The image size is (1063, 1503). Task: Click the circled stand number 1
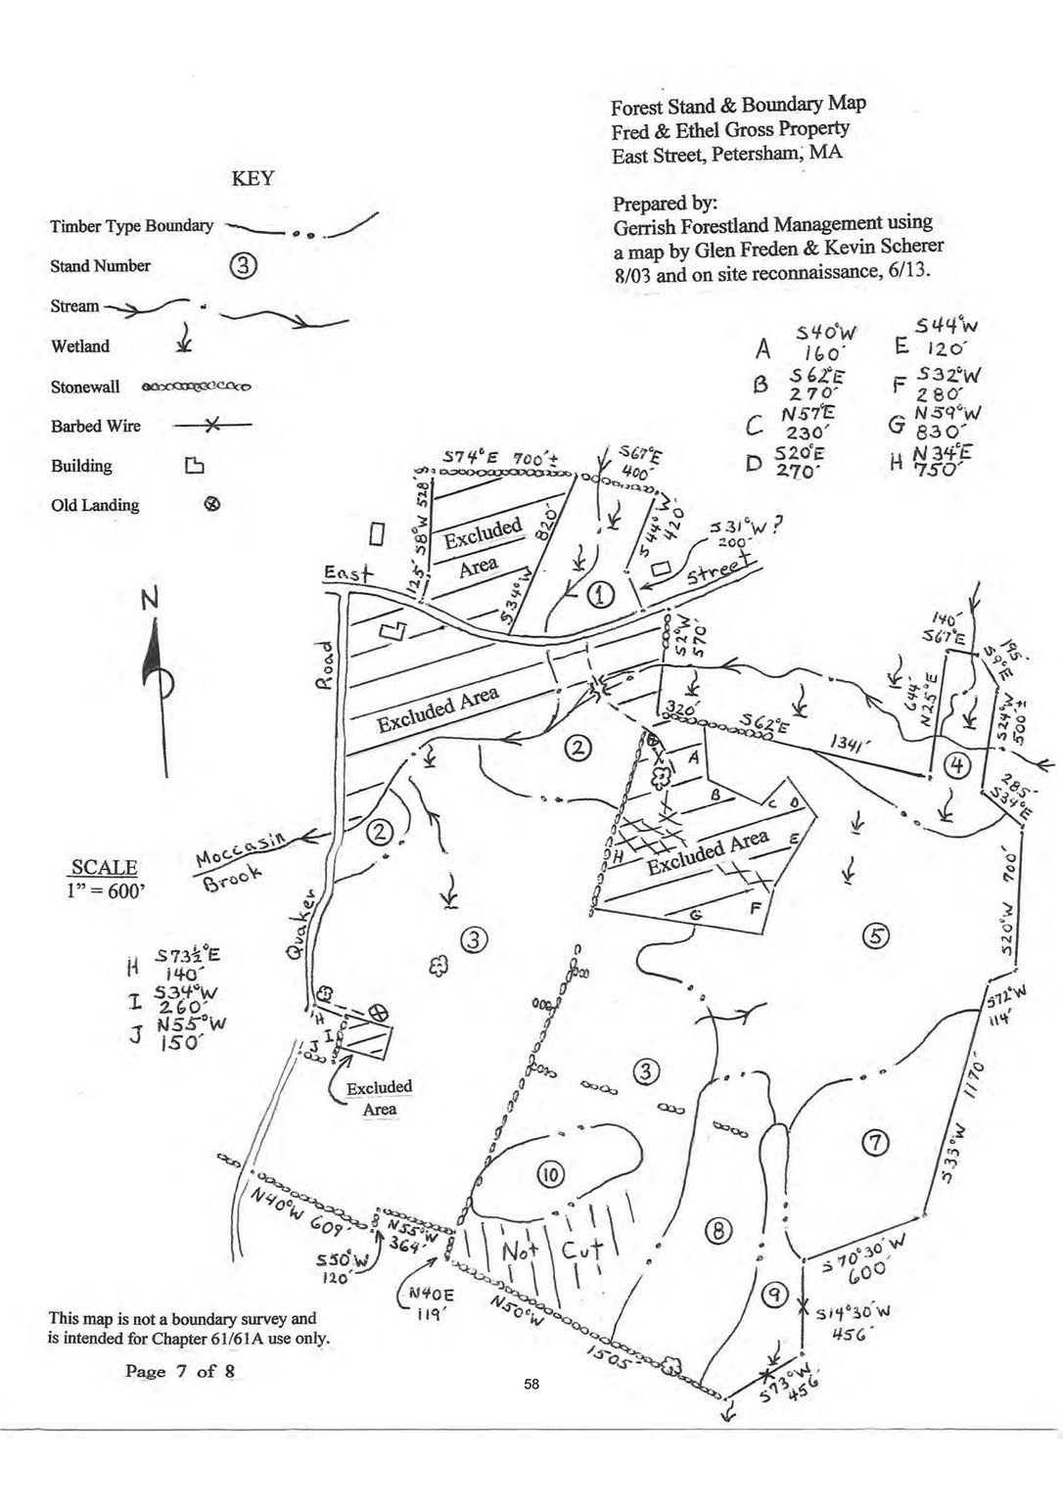[x=599, y=593]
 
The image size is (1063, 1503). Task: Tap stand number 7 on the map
[x=874, y=1141]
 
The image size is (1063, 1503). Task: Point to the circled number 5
[x=874, y=936]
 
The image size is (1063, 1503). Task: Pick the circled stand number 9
[x=774, y=1296]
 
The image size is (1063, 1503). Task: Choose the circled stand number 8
[x=719, y=1231]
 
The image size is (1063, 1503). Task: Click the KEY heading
[x=253, y=179]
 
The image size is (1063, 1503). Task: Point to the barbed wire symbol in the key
[x=211, y=426]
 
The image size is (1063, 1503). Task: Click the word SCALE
[x=104, y=867]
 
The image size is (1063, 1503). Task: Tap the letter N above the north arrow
[x=150, y=599]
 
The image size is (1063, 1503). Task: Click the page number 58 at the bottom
[x=531, y=1384]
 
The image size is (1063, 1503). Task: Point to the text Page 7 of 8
[x=180, y=1371]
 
